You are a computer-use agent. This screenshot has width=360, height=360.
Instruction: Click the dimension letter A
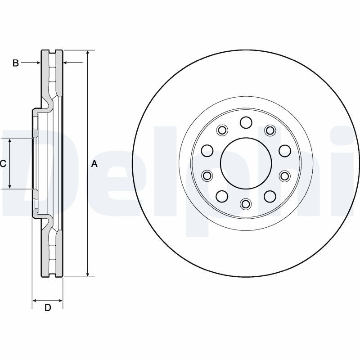(x=94, y=164)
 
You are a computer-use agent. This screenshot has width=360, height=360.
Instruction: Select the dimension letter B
(x=15, y=63)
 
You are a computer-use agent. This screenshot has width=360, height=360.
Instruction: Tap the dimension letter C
(x=3, y=164)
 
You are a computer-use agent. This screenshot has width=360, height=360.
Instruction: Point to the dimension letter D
(x=47, y=308)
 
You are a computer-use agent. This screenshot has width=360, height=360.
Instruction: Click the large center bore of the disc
(x=246, y=162)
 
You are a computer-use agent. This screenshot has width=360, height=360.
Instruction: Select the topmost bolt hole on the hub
(x=246, y=122)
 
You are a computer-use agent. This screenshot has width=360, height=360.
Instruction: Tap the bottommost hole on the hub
(x=246, y=204)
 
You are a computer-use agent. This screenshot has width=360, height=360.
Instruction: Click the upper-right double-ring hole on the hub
(x=270, y=130)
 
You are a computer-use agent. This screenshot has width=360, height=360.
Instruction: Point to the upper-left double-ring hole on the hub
(x=221, y=130)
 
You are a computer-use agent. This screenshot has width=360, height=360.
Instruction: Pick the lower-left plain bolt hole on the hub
(x=221, y=195)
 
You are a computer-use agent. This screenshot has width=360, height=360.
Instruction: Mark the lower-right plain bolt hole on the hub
(x=270, y=195)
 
